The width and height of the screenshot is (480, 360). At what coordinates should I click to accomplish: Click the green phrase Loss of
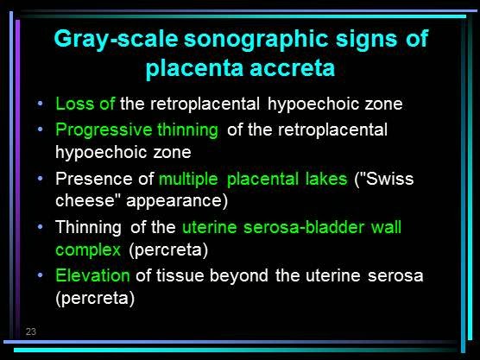85,104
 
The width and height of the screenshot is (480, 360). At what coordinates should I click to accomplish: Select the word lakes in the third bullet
325,180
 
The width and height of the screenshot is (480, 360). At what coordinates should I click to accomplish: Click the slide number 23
31,332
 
